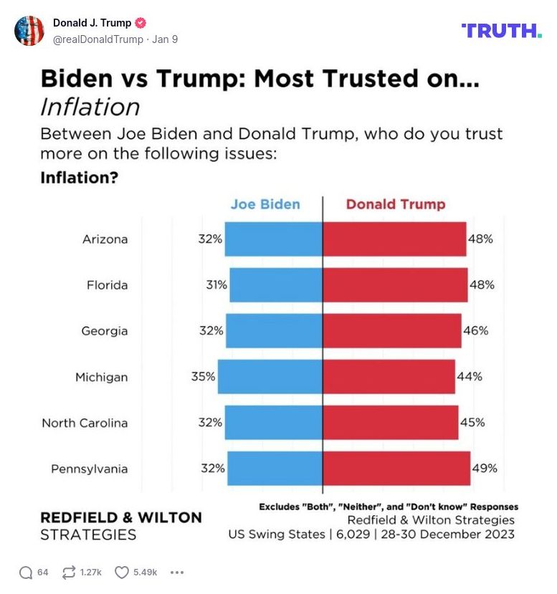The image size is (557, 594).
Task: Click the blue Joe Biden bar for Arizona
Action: click(x=274, y=239)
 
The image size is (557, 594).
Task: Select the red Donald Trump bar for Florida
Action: click(x=395, y=284)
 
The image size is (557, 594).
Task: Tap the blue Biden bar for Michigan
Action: click(x=270, y=376)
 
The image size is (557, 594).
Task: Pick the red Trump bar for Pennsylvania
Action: click(x=396, y=468)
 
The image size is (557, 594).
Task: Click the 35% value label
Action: click(x=203, y=376)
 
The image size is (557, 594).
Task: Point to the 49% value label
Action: click(x=484, y=469)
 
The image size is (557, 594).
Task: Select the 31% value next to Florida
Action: click(x=216, y=284)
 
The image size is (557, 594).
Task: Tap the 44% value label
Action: click(x=470, y=376)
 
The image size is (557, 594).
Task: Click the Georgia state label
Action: click(x=105, y=331)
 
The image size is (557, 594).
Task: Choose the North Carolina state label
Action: click(x=85, y=423)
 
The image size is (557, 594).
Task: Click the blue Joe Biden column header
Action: click(x=265, y=204)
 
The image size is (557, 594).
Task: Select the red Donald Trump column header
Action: click(x=396, y=204)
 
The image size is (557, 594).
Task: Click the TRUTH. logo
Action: click(x=502, y=30)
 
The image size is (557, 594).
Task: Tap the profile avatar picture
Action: click(x=29, y=31)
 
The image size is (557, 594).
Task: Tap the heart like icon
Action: click(x=122, y=572)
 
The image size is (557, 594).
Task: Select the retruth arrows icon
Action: click(x=70, y=572)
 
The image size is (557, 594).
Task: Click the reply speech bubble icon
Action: click(x=26, y=572)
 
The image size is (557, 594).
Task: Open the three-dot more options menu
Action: click(x=177, y=572)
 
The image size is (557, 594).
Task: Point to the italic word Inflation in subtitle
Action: click(x=90, y=107)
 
